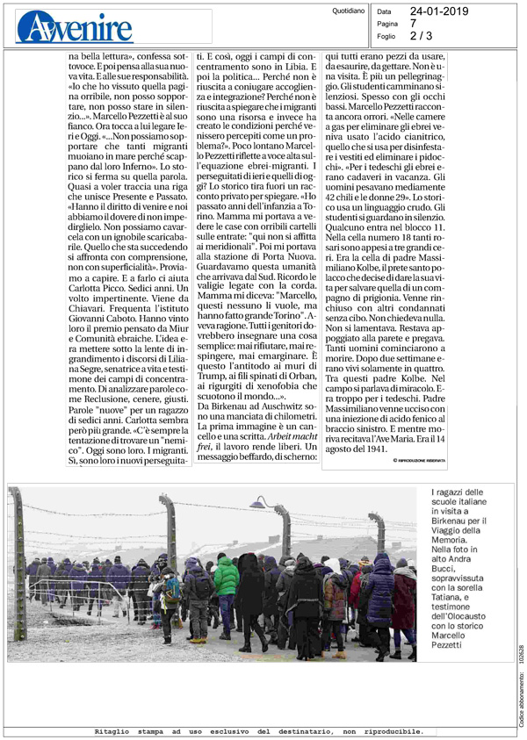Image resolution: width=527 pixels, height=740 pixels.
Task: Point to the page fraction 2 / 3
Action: (422, 36)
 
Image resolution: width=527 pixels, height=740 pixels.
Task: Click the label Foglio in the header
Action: (386, 36)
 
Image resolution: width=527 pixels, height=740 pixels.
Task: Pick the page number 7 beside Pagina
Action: (413, 24)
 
